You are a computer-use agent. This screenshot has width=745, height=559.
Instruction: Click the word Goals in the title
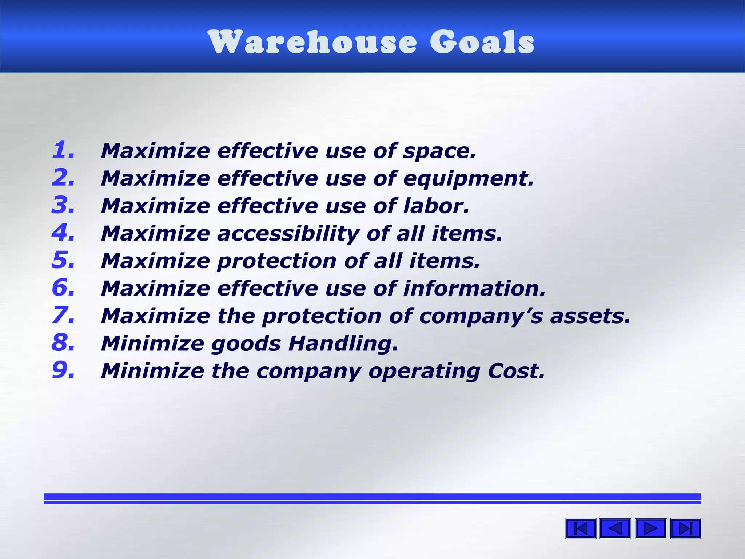(x=482, y=42)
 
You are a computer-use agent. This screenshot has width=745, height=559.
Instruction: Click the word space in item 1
(x=439, y=151)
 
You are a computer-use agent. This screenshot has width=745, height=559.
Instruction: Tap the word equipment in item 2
(x=468, y=179)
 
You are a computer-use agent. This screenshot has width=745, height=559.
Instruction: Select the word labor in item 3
(x=436, y=206)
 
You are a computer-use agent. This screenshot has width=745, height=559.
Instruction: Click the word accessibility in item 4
(x=288, y=234)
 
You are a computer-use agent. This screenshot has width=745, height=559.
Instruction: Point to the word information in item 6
(x=474, y=289)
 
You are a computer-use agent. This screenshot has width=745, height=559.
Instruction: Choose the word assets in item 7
(x=590, y=316)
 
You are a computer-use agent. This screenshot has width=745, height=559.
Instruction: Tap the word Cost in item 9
(x=516, y=371)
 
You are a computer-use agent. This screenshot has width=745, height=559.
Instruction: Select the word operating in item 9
(x=424, y=372)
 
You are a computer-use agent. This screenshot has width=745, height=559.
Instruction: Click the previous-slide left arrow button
(x=615, y=528)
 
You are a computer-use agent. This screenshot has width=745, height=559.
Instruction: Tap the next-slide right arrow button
(x=650, y=528)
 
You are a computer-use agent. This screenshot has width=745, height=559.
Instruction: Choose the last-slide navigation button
(x=685, y=528)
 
